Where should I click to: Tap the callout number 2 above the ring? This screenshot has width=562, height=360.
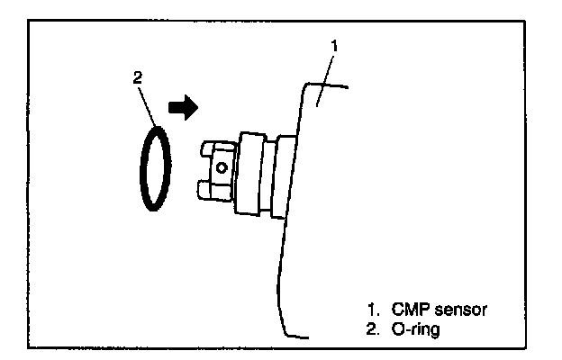point(137,78)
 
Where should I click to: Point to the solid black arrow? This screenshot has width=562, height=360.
point(182,109)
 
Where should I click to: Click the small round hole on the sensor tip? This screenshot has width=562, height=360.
point(222,165)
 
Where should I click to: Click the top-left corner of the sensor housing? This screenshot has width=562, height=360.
point(307,85)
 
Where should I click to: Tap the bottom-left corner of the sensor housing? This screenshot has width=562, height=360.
point(286,335)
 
